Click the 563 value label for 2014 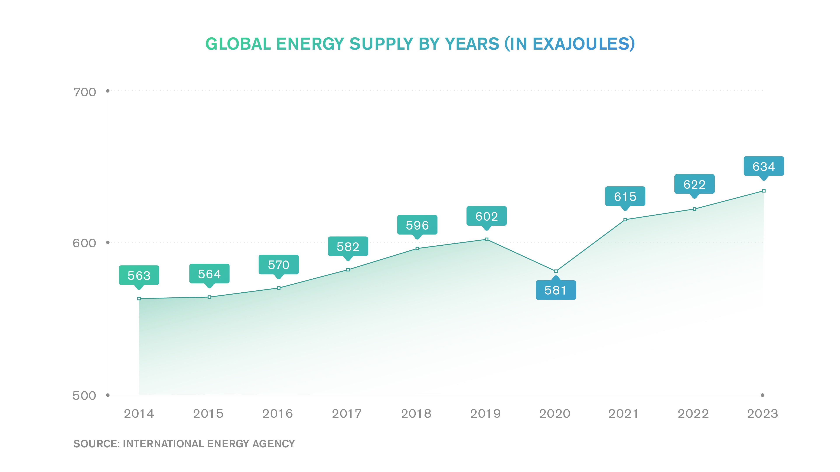tap(139, 275)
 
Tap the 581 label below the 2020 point tap(555, 290)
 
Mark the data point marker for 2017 tap(348, 270)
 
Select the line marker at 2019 tap(486, 239)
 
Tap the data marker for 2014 tap(139, 298)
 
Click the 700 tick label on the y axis tap(84, 92)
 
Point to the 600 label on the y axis tap(84, 243)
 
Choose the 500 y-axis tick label tap(84, 396)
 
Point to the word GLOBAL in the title tap(238, 44)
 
